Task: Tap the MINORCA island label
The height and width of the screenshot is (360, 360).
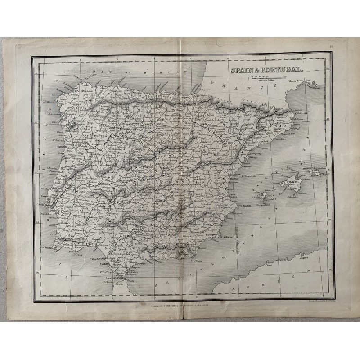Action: click(x=310, y=169)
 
